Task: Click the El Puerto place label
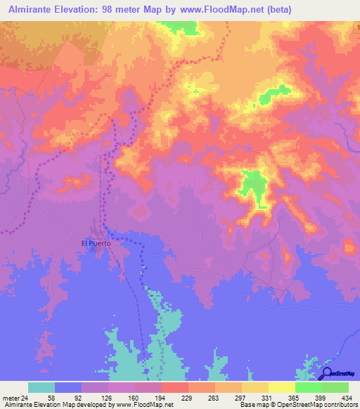(x=96, y=243)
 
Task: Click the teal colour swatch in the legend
(x=42, y=387)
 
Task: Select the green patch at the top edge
(x=177, y=27)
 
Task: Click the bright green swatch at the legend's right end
(x=336, y=387)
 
